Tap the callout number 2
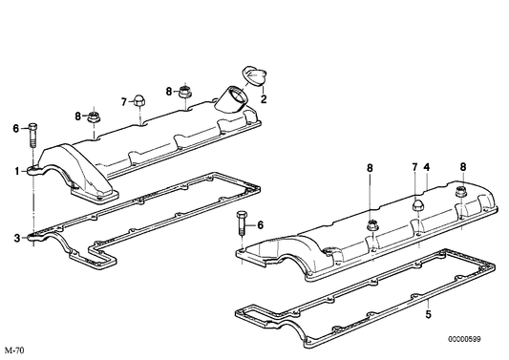264,98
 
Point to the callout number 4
428,168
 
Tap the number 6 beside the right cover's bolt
260,226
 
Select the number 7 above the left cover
123,101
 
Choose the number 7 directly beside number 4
415,168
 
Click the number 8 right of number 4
463,168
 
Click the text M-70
14,350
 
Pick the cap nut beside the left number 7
139,100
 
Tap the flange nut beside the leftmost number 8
95,117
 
